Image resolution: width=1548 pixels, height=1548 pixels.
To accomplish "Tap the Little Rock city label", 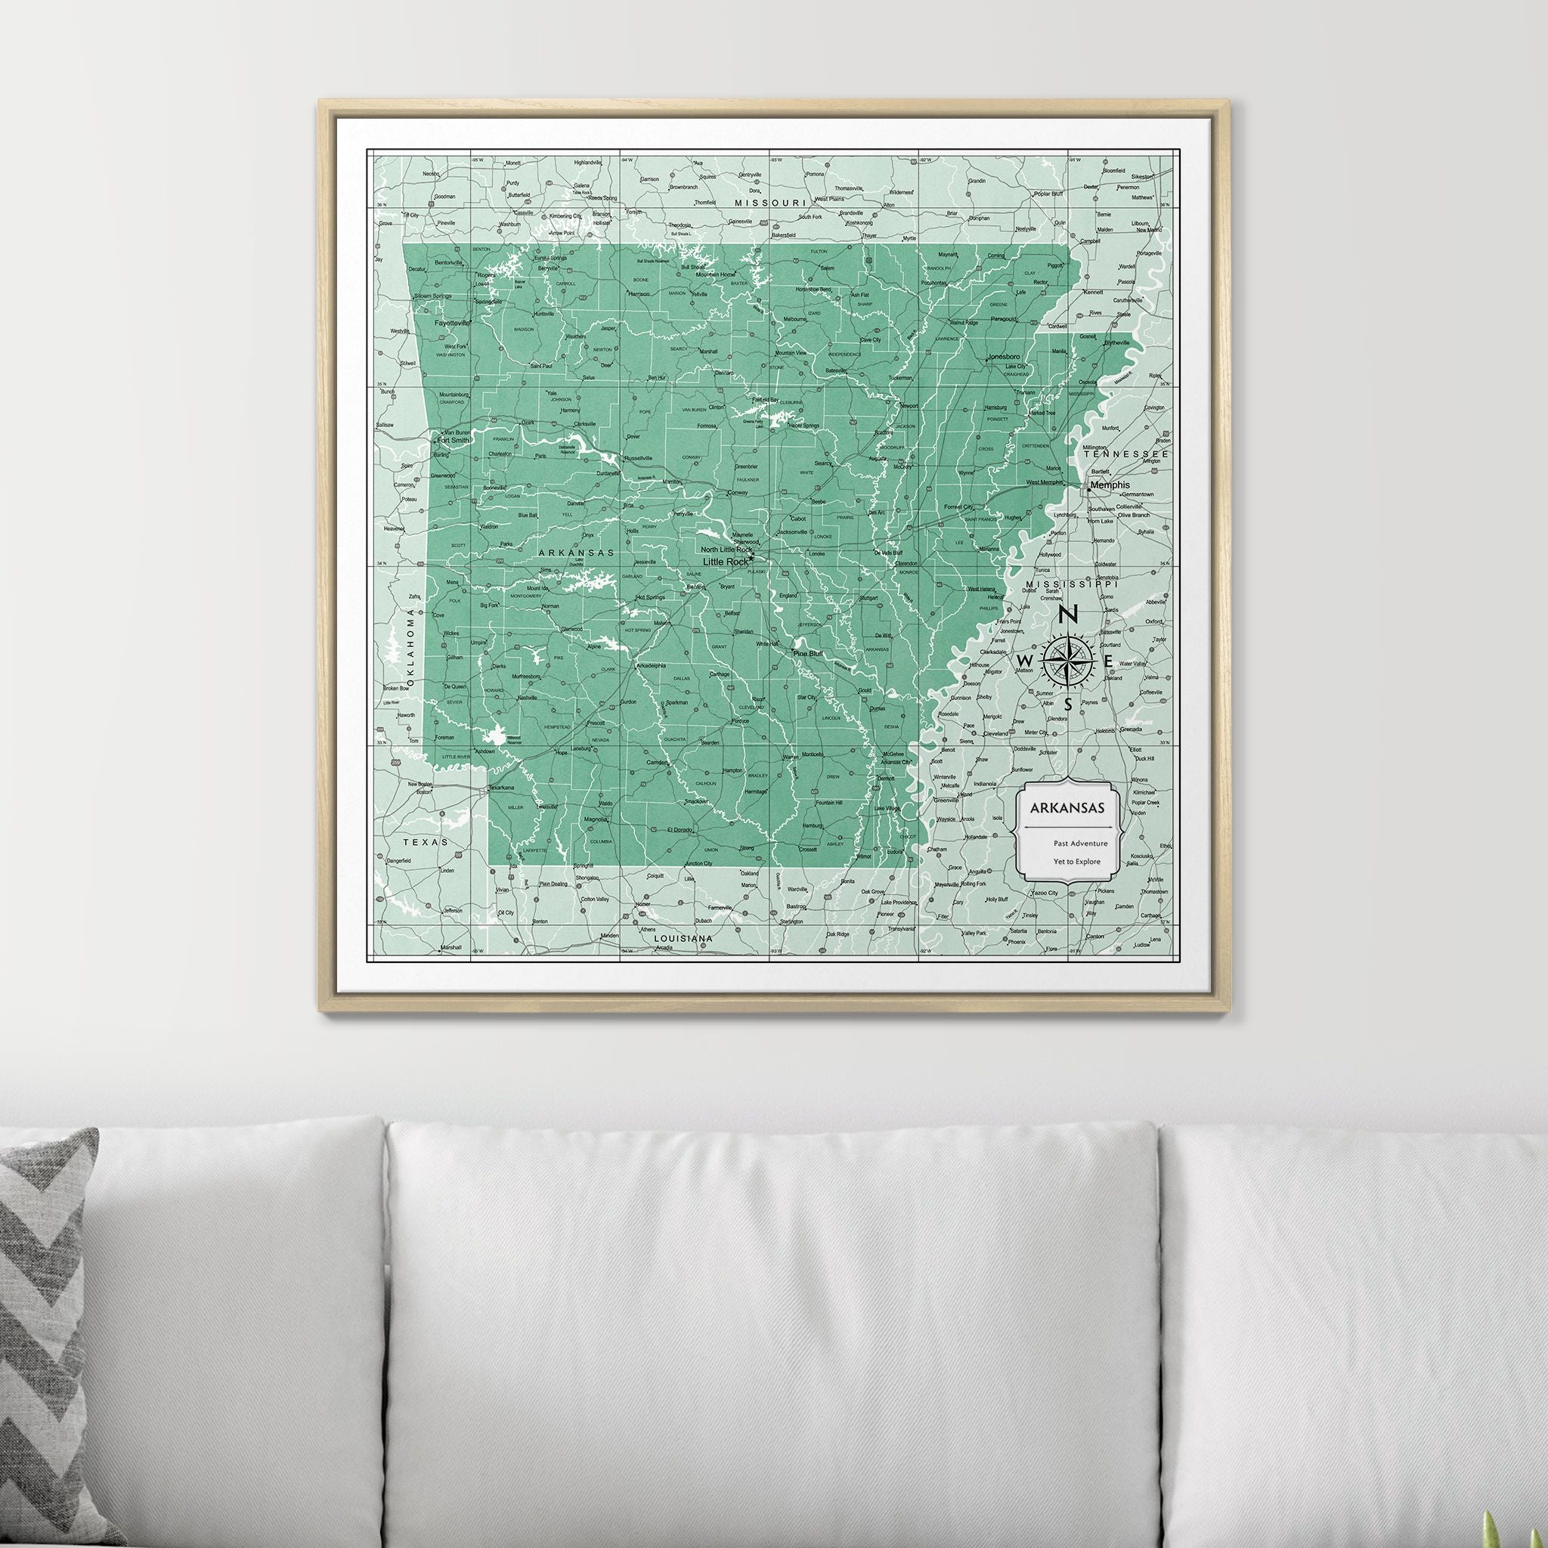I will (x=724, y=562).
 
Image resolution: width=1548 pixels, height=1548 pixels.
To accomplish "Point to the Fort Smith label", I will (x=454, y=440).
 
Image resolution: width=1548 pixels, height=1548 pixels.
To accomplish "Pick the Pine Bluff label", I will (x=808, y=654).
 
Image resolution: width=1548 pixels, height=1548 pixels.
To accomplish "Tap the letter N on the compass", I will (x=1067, y=615).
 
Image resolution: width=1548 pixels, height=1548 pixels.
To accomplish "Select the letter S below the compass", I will (x=1067, y=704).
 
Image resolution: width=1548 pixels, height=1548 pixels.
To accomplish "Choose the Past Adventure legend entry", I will (x=1081, y=843).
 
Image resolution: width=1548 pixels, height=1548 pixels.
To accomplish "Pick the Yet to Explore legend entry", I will (x=1078, y=862).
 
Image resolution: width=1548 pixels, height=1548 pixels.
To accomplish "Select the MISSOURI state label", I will (x=769, y=203).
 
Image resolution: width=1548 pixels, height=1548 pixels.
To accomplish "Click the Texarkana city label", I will (x=503, y=788).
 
